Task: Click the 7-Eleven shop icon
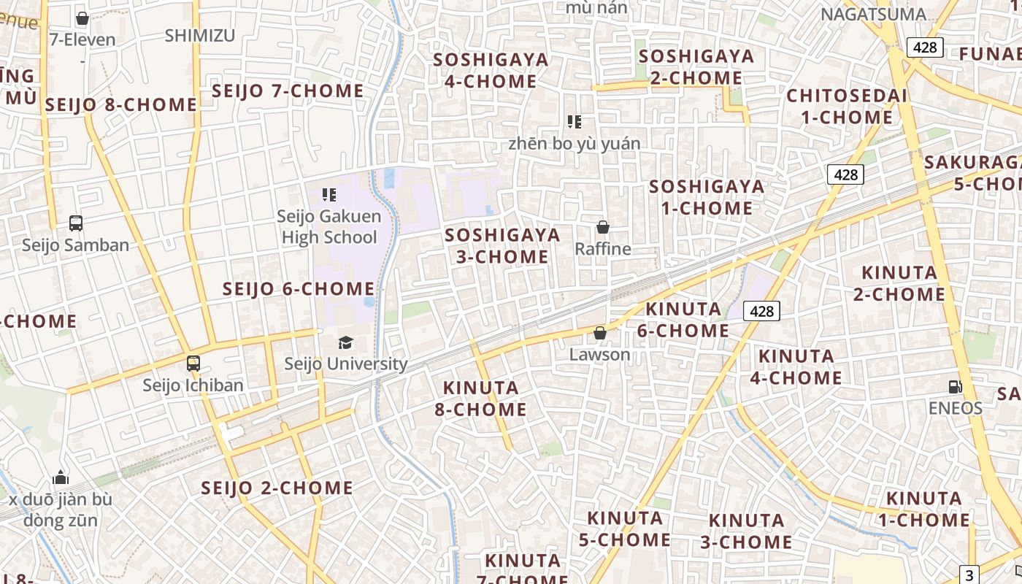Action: pos(82,18)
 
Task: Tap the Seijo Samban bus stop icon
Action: pos(76,223)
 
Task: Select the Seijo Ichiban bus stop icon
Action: pos(193,363)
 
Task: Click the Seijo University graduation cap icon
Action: pos(345,342)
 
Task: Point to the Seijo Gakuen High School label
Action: pos(329,226)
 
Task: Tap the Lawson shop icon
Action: pos(600,334)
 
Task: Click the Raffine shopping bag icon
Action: pos(603,227)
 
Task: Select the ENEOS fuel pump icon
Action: pos(955,386)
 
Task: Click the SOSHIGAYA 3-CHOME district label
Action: pos(502,245)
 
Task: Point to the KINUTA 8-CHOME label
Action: pos(480,398)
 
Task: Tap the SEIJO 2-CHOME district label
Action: pos(277,488)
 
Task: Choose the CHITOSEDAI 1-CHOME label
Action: pos(847,107)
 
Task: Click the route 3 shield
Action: pos(969,575)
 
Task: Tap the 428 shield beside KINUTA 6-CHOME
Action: pos(761,311)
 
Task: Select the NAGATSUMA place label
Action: pos(873,15)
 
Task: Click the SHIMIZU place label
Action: pos(200,36)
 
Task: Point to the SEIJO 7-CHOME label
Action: pos(288,91)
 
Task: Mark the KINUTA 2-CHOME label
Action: pos(899,283)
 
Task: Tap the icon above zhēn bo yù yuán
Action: pos(575,122)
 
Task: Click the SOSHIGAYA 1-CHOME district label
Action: pos(707,197)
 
